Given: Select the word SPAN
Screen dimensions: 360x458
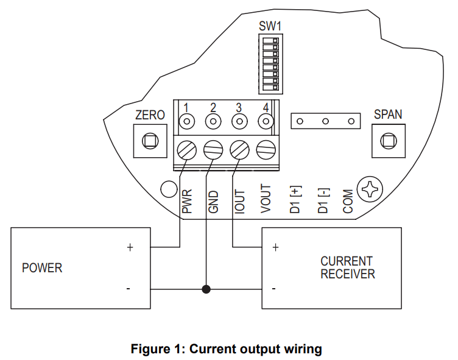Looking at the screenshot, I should pyautogui.click(x=387, y=115).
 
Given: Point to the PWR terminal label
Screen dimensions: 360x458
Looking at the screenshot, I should pyautogui.click(x=188, y=200).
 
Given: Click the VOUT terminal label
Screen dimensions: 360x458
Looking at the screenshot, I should pyautogui.click(x=266, y=199).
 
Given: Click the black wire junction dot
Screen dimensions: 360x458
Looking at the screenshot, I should pyautogui.click(x=206, y=289).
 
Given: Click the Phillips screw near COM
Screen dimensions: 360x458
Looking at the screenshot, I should pyautogui.click(x=370, y=190).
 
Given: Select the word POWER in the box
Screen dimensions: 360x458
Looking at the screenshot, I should pyautogui.click(x=42, y=268).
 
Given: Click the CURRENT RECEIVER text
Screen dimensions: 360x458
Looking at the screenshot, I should pyautogui.click(x=347, y=268).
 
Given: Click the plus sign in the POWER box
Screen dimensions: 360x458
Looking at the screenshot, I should pyautogui.click(x=129, y=248).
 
